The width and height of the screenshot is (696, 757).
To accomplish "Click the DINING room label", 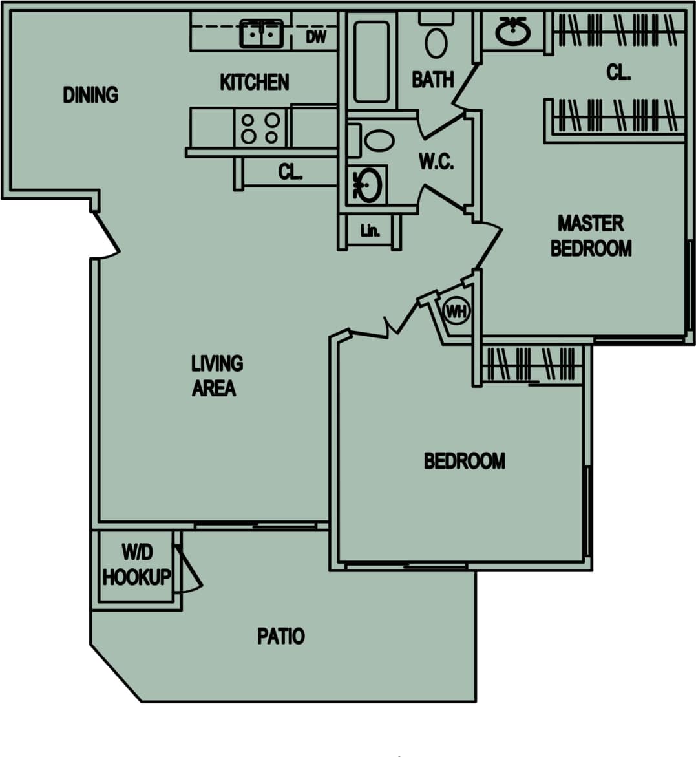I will (x=90, y=95).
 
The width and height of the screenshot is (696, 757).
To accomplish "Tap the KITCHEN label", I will (x=254, y=82).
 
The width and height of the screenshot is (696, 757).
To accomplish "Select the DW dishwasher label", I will (x=316, y=37).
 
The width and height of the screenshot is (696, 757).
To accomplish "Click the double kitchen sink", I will (x=262, y=34).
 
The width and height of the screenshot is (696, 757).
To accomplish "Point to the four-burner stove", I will (x=260, y=128).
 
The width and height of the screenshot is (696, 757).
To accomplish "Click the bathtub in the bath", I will (x=372, y=61).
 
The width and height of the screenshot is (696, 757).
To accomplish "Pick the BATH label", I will (x=432, y=80).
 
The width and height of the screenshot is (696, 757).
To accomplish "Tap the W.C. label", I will (x=436, y=161).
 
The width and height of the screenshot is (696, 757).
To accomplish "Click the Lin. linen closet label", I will (x=370, y=230).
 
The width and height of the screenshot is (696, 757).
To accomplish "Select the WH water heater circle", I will (x=456, y=312).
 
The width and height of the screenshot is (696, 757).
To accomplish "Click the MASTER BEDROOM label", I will (x=591, y=236).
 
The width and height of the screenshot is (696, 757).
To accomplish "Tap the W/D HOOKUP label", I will (x=136, y=565).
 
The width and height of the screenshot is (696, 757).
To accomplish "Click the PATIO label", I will (x=280, y=636).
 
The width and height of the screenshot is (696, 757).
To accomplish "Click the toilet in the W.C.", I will (x=379, y=140).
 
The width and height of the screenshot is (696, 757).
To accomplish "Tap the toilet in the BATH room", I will (x=436, y=42).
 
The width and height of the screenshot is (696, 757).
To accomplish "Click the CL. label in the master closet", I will (x=618, y=72).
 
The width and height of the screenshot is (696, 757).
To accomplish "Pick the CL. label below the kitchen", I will (x=290, y=173).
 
